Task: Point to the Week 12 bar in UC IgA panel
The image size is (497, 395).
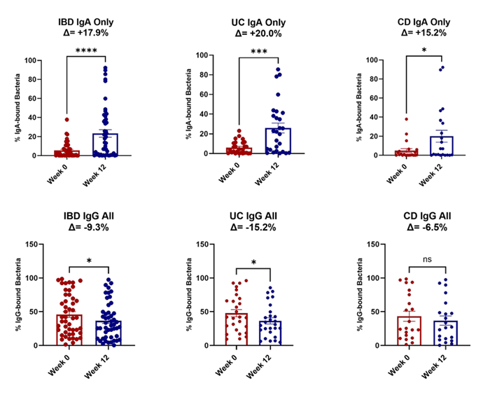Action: click(x=279, y=141)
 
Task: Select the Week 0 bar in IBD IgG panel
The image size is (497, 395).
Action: click(x=69, y=330)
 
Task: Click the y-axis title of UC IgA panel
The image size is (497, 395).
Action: click(x=188, y=105)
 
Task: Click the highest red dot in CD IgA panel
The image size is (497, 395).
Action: click(x=406, y=119)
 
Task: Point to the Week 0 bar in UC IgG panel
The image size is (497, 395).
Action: click(x=236, y=329)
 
